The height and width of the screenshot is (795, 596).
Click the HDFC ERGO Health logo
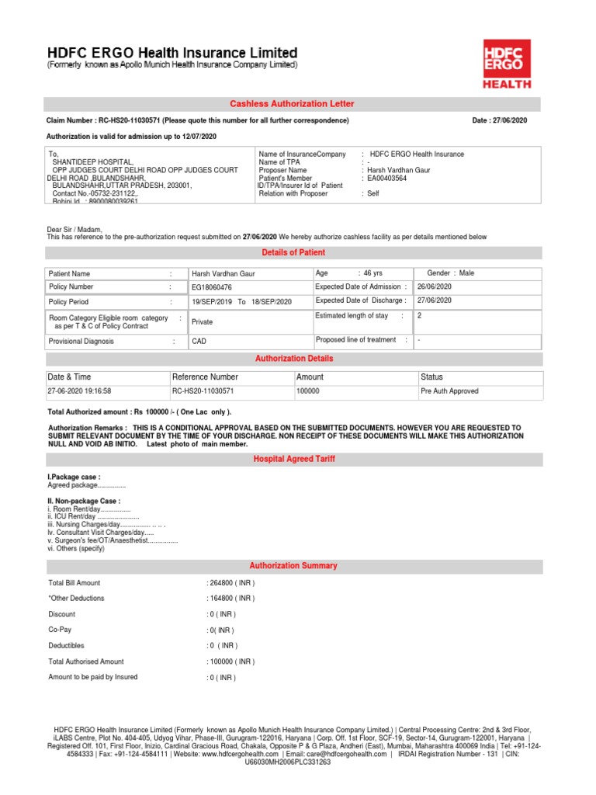pyautogui.click(x=509, y=63)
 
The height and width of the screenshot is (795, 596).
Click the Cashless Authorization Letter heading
pyautogui.click(x=292, y=104)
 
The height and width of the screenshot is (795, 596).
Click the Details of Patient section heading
pyautogui.click(x=292, y=253)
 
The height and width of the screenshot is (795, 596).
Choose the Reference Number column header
pyautogui.click(x=205, y=377)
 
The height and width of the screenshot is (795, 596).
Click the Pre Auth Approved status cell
pyautogui.click(x=449, y=391)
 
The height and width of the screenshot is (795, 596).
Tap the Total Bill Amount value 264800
pyautogui.click(x=230, y=583)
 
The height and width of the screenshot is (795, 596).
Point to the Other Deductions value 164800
pyautogui.click(x=230, y=599)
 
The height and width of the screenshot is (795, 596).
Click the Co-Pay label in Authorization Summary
pyautogui.click(x=61, y=630)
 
